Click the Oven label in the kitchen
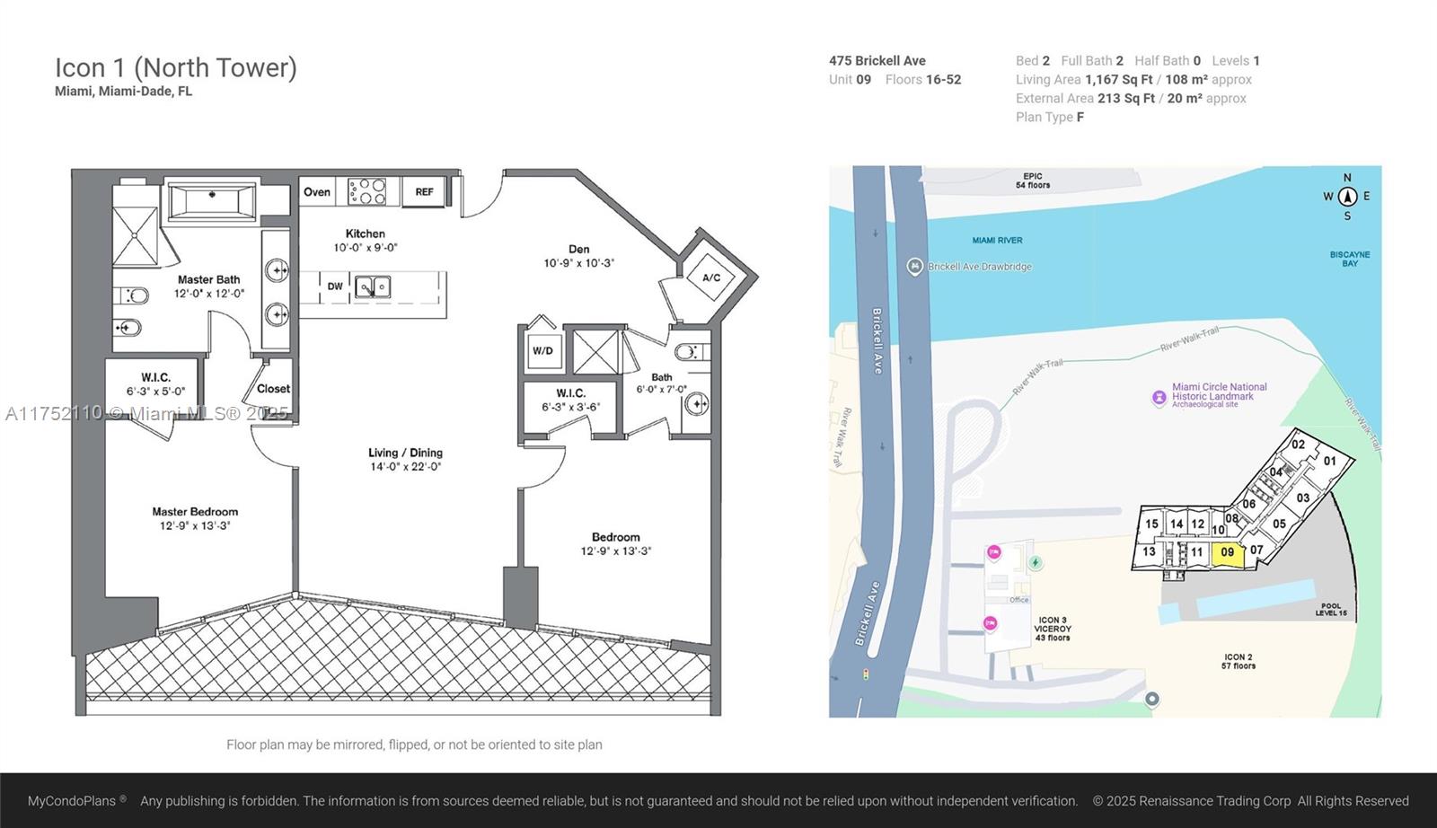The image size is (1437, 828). pos(317,192)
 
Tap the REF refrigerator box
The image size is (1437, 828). pos(424,192)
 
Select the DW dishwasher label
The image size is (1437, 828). pos(335,286)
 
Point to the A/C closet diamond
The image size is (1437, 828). pos(710,277)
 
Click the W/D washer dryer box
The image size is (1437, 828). pos(542,350)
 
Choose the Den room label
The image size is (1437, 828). pos(578,249)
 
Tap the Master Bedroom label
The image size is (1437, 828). pos(195,512)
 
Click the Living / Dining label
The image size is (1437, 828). pos(405,453)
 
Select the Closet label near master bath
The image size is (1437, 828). pos(273,389)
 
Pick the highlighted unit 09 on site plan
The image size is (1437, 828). pos(1227,553)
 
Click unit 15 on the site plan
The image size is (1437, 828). pos(1151,524)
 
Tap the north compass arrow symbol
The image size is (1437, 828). pos(1347,197)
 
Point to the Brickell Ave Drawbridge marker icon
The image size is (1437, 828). pos(915,266)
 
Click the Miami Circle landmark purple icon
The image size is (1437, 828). pos(1159,398)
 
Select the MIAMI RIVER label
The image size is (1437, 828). pos(997,241)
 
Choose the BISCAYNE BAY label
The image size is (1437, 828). pos(1350,260)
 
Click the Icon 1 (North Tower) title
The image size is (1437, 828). pos(176,68)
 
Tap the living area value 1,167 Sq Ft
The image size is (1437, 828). pos(1119,80)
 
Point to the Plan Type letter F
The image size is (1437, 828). pos(1080,118)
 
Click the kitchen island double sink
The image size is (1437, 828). pos(373,286)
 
